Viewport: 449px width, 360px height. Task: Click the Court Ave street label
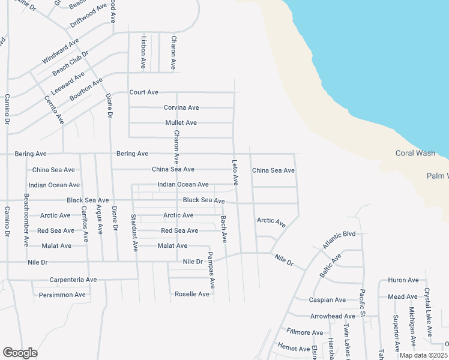click(x=144, y=92)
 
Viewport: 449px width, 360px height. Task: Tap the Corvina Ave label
click(x=181, y=107)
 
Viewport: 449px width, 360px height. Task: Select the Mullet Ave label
click(x=181, y=122)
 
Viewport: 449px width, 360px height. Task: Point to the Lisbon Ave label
click(x=143, y=52)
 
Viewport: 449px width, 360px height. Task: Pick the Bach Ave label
click(x=223, y=229)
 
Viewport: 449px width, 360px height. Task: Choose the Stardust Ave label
click(x=134, y=232)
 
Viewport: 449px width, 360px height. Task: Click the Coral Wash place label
click(x=415, y=153)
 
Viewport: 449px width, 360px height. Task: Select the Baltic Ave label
click(x=330, y=265)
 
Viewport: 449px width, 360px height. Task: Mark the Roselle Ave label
click(x=191, y=294)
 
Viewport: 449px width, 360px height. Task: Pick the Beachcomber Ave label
click(x=26, y=220)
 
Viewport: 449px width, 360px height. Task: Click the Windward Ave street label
click(x=61, y=52)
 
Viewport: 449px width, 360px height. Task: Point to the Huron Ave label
click(x=403, y=280)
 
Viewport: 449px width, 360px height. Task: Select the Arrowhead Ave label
click(x=333, y=316)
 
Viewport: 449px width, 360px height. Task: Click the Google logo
click(x=20, y=353)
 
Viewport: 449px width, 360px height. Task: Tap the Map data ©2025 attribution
click(x=423, y=355)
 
